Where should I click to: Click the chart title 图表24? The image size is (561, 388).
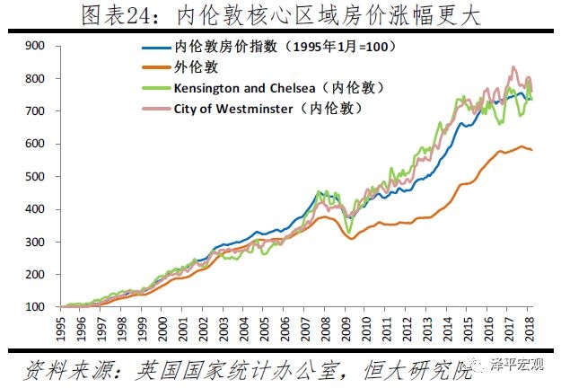click(x=280, y=16)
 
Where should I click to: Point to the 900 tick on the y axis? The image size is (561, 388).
click(x=36, y=45)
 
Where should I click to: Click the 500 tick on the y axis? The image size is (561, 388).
click(x=36, y=176)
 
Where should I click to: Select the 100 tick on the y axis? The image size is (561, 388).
click(x=36, y=307)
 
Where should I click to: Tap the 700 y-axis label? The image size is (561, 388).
click(x=36, y=110)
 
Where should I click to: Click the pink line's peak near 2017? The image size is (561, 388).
click(x=513, y=66)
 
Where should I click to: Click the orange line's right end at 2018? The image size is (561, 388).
click(x=532, y=149)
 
